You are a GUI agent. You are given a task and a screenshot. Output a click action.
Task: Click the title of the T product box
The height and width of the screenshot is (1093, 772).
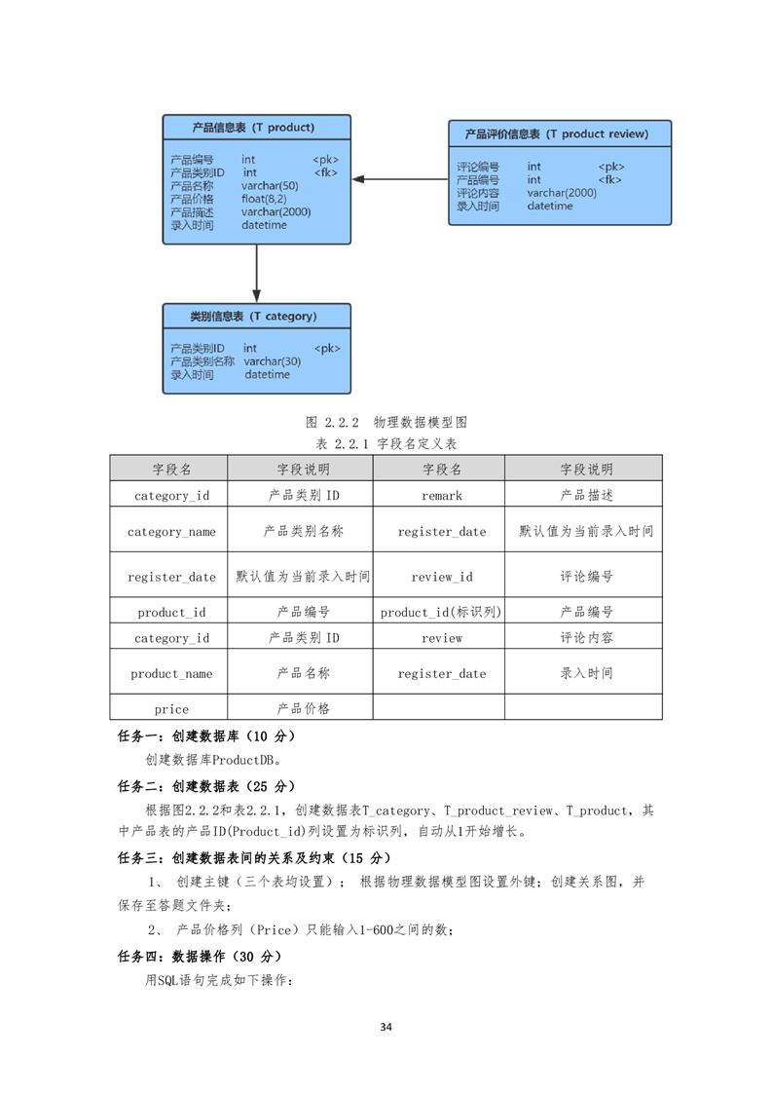click(254, 128)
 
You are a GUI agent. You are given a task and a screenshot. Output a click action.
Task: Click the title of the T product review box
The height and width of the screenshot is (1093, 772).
click(557, 133)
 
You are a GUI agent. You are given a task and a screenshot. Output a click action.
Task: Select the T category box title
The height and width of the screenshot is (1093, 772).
click(254, 317)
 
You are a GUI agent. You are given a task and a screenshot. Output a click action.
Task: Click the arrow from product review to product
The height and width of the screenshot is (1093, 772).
click(400, 179)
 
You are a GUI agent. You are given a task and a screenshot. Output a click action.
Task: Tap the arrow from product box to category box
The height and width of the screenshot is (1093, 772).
click(256, 273)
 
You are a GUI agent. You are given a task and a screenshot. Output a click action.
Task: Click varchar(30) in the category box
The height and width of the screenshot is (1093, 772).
click(273, 361)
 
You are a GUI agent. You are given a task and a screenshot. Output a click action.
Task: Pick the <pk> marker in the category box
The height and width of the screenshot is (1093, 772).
click(327, 349)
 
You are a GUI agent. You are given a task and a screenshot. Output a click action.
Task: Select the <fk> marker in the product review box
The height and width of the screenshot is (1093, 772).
click(609, 180)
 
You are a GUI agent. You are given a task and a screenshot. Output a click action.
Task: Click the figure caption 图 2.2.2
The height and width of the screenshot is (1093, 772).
click(386, 423)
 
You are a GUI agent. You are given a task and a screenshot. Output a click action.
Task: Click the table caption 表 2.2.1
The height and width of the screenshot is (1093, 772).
click(386, 444)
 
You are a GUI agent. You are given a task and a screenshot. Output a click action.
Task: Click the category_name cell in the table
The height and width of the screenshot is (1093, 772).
click(171, 532)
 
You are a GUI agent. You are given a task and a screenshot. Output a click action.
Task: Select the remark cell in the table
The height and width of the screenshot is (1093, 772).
click(442, 496)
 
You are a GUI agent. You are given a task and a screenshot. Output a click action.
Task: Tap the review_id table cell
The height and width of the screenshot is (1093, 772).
click(442, 577)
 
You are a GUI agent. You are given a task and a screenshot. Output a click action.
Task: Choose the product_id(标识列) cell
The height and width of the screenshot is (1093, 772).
click(440, 612)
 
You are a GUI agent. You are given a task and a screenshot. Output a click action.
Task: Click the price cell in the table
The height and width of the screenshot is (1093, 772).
click(171, 709)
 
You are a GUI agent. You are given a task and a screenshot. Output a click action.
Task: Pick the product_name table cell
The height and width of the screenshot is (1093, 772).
click(171, 674)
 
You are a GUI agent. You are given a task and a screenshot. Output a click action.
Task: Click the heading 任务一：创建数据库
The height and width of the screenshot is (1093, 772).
click(206, 736)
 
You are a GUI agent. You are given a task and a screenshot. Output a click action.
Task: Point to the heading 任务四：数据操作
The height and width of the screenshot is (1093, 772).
click(200, 957)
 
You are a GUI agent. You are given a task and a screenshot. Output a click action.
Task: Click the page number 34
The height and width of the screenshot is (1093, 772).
click(386, 1027)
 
